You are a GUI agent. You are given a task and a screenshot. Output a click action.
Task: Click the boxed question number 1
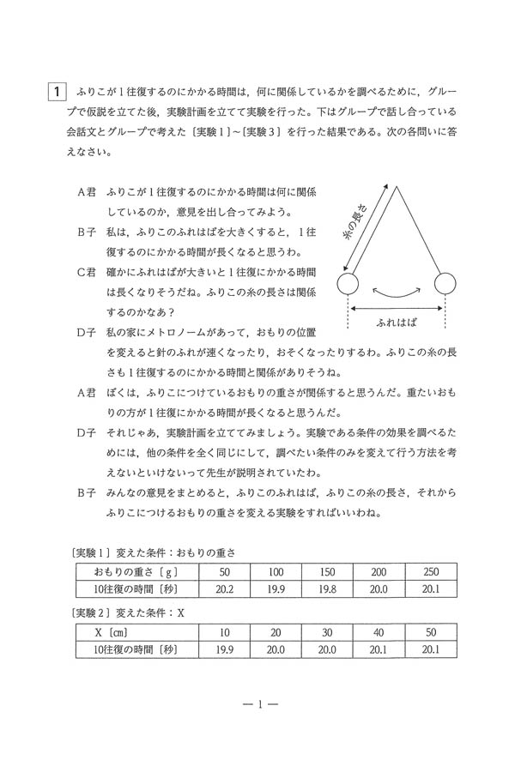[x=55, y=90]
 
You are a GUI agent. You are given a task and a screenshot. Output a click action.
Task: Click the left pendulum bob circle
[x=347, y=284]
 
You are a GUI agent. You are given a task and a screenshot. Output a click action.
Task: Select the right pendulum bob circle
[x=445, y=284]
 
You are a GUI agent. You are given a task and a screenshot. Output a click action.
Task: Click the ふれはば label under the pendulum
[x=397, y=323]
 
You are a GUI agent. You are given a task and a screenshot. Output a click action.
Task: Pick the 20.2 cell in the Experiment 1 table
[x=225, y=588]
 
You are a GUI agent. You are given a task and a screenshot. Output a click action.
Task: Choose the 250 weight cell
[x=430, y=571]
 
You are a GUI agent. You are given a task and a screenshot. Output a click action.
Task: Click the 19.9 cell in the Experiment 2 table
[x=225, y=649]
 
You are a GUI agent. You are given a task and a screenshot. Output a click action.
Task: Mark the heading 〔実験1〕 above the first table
[x=90, y=550]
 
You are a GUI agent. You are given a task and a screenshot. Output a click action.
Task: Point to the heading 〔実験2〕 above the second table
[x=90, y=612]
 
